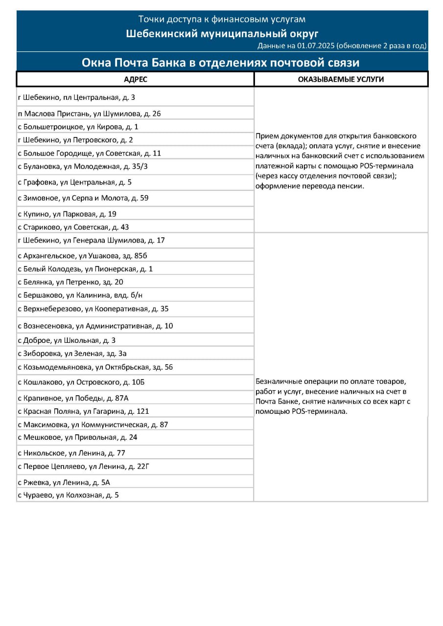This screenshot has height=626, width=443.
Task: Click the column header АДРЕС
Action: click(136, 79)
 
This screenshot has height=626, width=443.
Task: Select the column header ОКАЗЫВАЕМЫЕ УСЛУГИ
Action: click(341, 79)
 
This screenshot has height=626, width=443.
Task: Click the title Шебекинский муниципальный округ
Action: click(222, 33)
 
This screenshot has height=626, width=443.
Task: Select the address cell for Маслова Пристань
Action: click(89, 113)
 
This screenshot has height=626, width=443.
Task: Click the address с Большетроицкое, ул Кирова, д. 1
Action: click(78, 127)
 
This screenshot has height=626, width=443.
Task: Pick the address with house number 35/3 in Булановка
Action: click(82, 166)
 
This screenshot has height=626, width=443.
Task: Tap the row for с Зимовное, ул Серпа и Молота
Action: click(83, 198)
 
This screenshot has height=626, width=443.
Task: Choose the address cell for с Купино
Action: click(67, 214)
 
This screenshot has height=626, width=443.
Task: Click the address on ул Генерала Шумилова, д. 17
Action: click(91, 240)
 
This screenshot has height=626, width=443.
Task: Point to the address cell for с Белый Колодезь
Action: click(85, 269)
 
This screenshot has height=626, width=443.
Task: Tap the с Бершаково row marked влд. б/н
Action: click(80, 295)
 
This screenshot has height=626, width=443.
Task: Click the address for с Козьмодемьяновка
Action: click(95, 367)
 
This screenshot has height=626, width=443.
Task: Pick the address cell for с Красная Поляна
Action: click(83, 411)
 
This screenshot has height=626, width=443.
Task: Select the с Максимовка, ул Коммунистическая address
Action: click(93, 425)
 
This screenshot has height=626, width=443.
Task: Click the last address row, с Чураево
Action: click(68, 495)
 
